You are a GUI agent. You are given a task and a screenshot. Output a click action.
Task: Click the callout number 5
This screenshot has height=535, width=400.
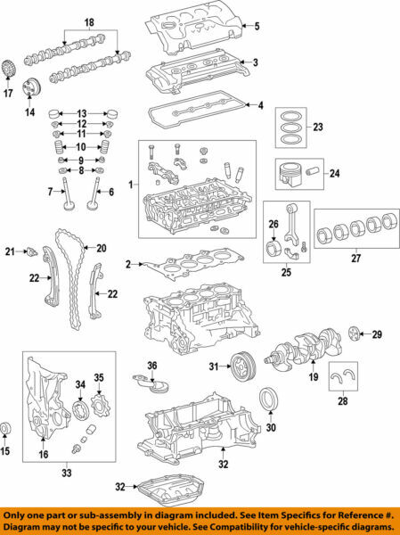[257, 26]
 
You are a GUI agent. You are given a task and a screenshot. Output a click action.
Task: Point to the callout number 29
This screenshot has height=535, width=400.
[376, 334]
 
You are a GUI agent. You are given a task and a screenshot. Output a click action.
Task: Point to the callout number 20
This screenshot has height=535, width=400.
[101, 248]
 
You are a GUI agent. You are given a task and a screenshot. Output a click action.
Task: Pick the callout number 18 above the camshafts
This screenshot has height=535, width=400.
[88, 21]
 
